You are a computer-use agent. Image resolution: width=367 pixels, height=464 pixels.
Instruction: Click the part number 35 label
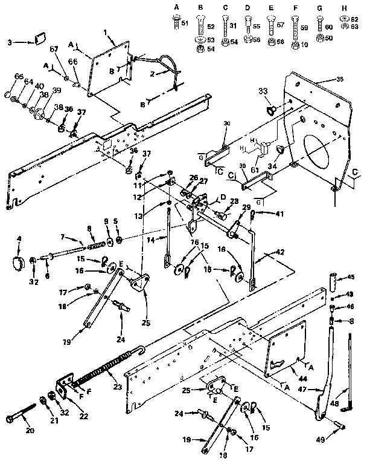click(324, 79)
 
